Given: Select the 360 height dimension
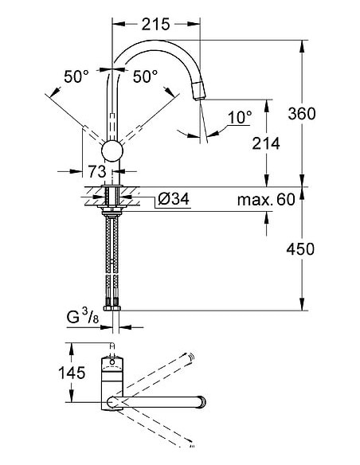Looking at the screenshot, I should point(302,113).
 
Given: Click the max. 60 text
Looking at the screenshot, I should point(266,198).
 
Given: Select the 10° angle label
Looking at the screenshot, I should point(239,117).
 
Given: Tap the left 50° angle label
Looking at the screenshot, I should point(76,77).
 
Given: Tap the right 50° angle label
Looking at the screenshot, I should point(146,77).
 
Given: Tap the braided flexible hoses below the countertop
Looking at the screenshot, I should point(112,255).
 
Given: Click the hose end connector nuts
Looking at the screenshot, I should point(112,303).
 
